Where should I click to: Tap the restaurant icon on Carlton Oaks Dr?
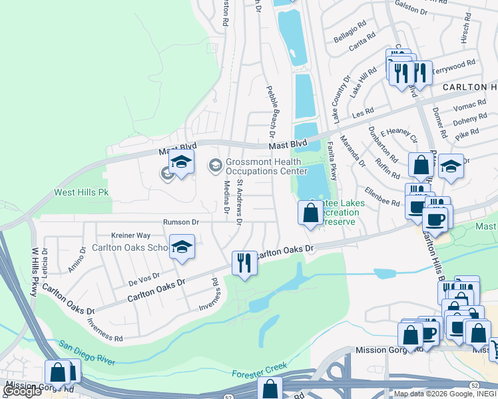(x=244, y=263)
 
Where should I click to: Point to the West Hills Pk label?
(x=81, y=193)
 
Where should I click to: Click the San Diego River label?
(x=87, y=352)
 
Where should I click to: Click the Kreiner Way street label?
(x=130, y=235)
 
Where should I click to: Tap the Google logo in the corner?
(x=21, y=391)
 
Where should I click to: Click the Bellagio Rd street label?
(x=350, y=31)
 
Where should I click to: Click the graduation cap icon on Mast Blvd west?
(x=181, y=162)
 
